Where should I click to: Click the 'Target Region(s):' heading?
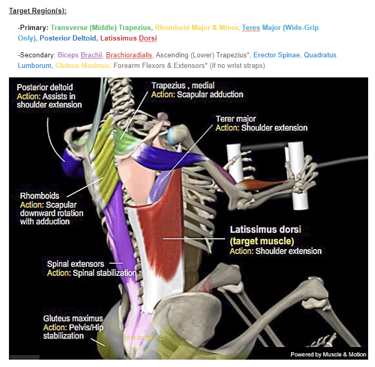38,11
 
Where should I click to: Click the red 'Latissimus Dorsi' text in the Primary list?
128,38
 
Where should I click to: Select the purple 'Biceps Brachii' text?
80,55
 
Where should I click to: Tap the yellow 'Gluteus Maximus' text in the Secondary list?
82,66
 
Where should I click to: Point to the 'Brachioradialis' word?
129,55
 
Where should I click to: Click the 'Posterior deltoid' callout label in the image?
45,87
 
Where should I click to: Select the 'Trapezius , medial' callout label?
183,85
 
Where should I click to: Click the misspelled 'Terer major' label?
236,119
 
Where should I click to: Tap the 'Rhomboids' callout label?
40,196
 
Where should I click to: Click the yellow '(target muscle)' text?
262,241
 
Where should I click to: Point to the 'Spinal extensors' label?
75,264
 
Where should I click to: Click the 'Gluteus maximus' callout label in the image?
73,319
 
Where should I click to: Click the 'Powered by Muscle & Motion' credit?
329,354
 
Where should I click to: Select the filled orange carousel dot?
150,338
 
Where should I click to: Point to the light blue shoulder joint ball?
171,135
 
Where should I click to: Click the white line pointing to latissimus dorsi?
194,239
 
